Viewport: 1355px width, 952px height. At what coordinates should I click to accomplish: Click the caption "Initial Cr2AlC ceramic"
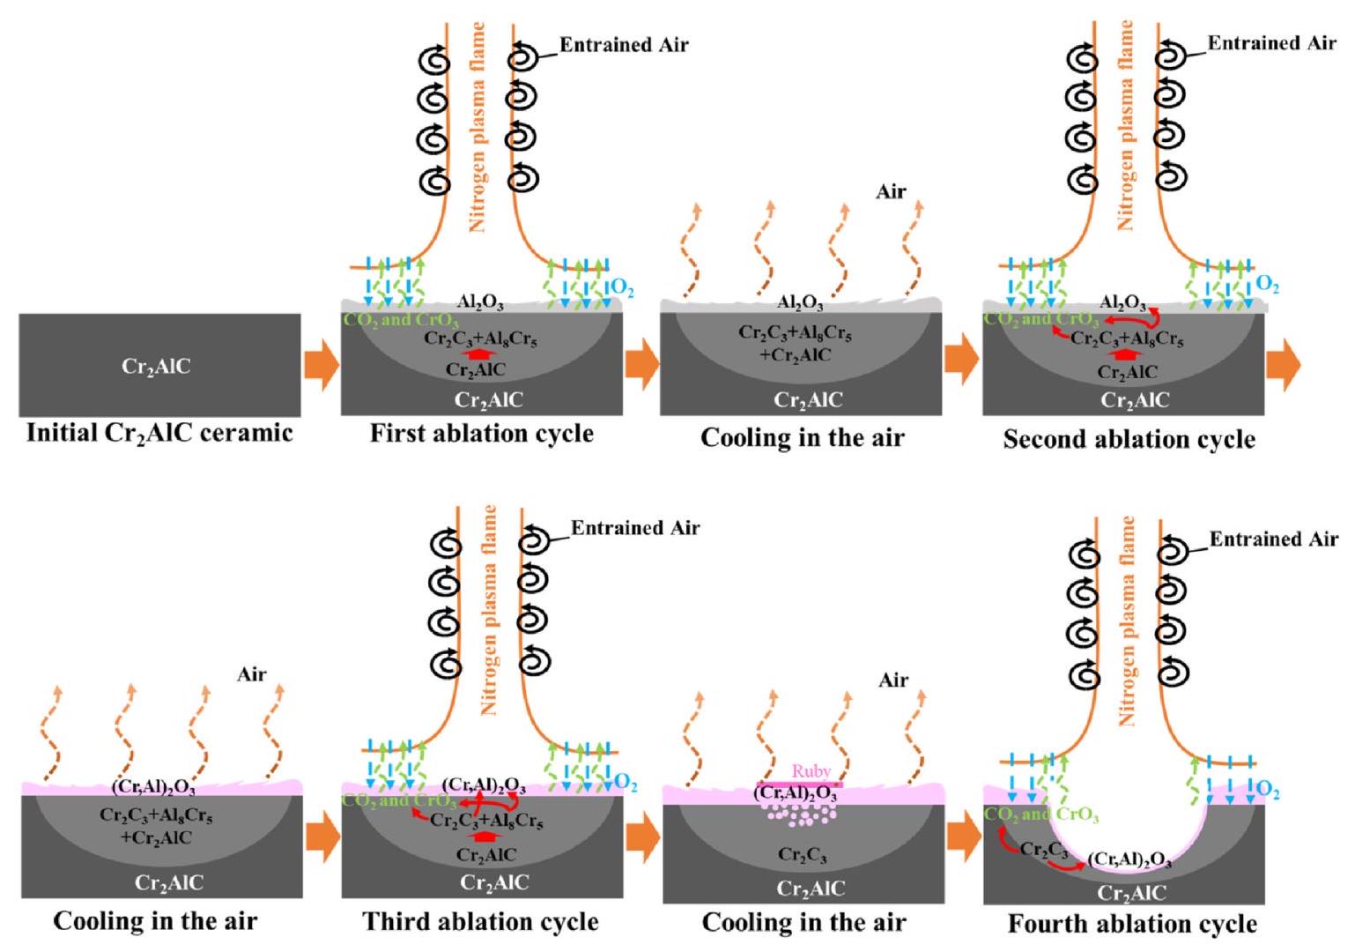159,433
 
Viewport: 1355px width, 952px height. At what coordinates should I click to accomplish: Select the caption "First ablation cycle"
481,434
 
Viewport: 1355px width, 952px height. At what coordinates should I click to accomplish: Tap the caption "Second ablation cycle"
1129,439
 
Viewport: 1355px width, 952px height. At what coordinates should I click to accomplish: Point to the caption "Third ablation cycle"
481,922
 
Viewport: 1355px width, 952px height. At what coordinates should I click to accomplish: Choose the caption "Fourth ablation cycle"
1132,924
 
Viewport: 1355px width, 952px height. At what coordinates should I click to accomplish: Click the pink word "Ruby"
811,771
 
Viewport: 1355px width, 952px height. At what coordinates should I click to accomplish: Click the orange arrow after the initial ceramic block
322,367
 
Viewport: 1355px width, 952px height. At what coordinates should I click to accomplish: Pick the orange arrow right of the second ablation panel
1283,367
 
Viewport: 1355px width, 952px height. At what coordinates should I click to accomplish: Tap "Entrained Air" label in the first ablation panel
624,45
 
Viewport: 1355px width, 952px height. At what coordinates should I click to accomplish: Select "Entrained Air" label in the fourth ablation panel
1273,539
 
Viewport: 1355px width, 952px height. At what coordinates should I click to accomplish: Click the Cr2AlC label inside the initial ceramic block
155,367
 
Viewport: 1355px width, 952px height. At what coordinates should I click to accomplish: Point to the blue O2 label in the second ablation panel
1267,285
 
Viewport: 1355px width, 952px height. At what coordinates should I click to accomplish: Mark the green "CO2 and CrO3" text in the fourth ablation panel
1041,815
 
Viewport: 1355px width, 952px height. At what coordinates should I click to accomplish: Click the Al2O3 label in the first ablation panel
481,303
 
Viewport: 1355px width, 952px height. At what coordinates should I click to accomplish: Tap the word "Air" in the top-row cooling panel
891,191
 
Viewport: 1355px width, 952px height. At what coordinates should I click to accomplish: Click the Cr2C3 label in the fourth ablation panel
1043,851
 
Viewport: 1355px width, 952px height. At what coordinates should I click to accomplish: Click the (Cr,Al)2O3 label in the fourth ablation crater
1129,860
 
